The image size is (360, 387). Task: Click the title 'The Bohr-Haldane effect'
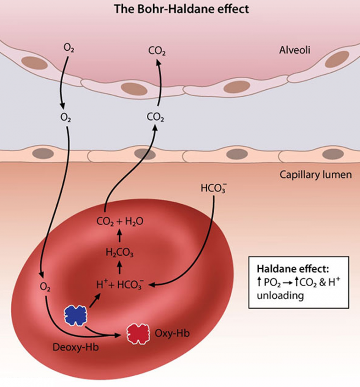tap(181, 9)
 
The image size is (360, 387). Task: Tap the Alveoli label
tap(295, 50)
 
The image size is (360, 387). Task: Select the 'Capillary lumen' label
tap(315, 175)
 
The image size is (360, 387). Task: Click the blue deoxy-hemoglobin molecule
tap(75, 315)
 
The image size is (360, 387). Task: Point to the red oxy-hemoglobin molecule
tap(138, 334)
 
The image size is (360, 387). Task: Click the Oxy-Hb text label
tap(172, 334)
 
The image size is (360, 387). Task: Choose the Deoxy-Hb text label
tap(75, 347)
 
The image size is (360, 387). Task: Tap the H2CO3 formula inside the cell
tap(120, 253)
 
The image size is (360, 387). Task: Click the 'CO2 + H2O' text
tap(120, 221)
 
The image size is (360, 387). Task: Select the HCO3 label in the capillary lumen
tap(214, 188)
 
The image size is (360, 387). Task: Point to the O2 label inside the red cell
tap(45, 287)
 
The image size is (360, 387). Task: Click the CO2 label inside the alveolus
tap(157, 51)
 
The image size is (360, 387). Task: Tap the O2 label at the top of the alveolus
tap(69, 48)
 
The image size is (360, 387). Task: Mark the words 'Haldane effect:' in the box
tap(293, 268)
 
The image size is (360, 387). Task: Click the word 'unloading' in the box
tap(280, 295)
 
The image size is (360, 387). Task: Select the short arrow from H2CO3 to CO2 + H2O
tap(120, 235)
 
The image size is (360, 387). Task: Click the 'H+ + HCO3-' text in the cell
tap(120, 285)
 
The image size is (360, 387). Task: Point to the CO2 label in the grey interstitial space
tap(155, 117)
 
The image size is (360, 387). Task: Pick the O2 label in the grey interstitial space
tap(66, 117)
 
